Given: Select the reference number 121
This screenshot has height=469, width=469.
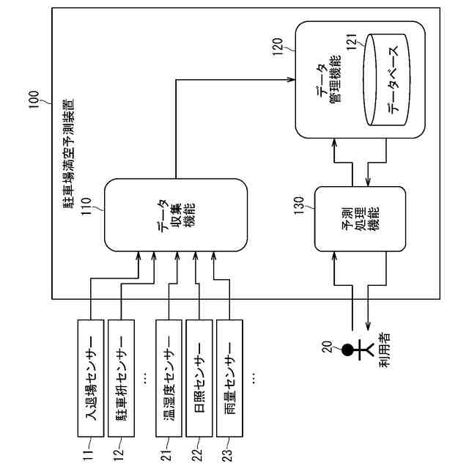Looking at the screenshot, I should (x=352, y=43).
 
